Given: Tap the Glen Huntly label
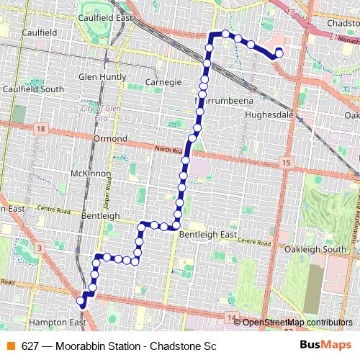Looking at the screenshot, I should [x=102, y=76].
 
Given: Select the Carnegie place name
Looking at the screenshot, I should [x=163, y=81].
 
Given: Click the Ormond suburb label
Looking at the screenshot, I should [x=110, y=138].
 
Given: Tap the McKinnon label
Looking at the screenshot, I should [x=90, y=174].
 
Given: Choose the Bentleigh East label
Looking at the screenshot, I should [x=208, y=235].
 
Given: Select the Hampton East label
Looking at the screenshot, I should [x=56, y=322].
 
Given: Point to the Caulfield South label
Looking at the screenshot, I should [x=32, y=89].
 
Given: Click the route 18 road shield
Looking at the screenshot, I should [x=39, y=128].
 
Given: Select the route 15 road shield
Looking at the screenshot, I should [x=287, y=164].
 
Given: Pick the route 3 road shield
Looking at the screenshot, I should [x=39, y=247].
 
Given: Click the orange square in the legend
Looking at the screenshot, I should [x=11, y=346].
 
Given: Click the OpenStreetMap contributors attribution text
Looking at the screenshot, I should [x=297, y=323].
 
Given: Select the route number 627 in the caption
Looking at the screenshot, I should [x=30, y=346].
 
